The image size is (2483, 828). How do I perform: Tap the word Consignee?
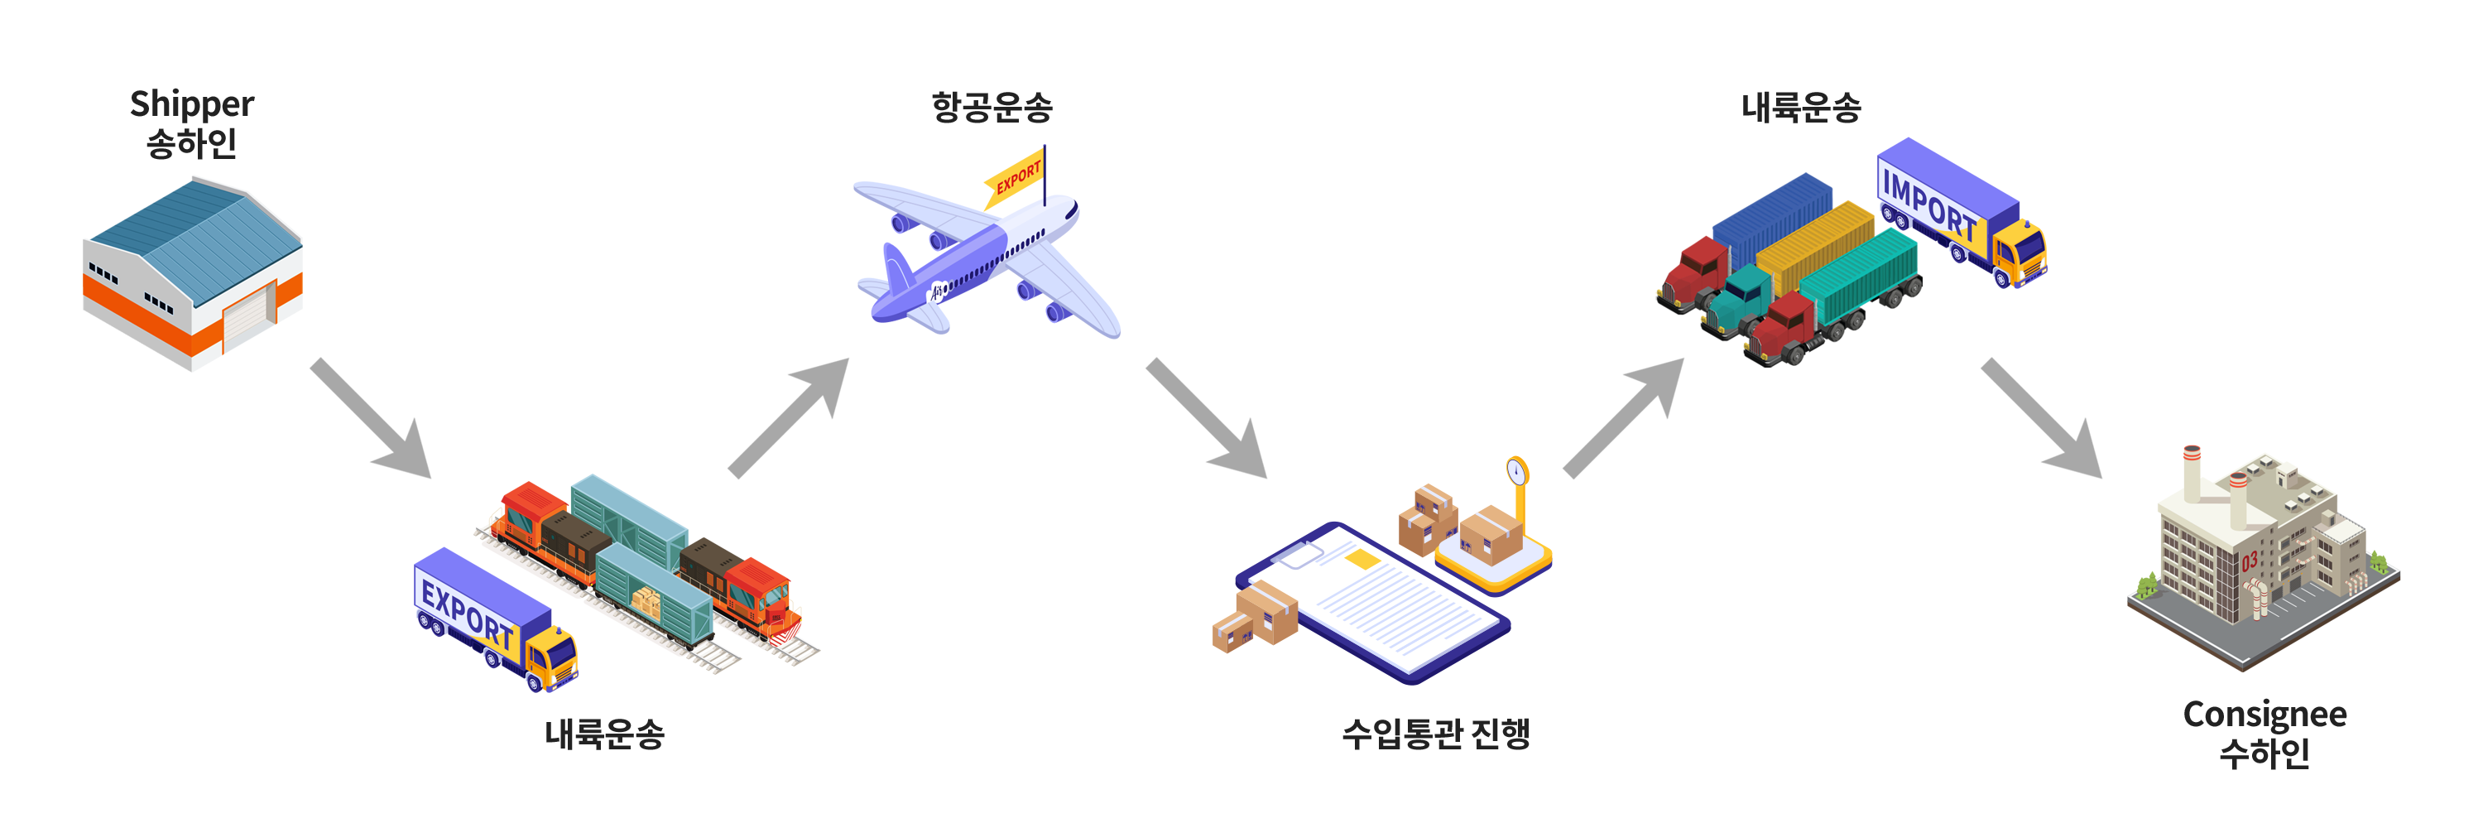pos(2264,715)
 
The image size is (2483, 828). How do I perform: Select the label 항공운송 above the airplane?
pos(992,107)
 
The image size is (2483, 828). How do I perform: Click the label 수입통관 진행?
pos(1435,734)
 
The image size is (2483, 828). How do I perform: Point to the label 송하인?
pos(192,143)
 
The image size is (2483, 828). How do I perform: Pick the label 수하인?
pos(2264,753)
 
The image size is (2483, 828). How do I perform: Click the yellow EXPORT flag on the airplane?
pos(1016,176)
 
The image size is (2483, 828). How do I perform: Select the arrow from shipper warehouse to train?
pos(371,419)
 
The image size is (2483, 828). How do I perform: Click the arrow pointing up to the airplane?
pos(790,417)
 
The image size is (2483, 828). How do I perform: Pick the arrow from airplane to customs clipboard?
pos(1207,419)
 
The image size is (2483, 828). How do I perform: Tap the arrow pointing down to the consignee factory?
pos(2042,419)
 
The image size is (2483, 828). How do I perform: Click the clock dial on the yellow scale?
pos(1516,471)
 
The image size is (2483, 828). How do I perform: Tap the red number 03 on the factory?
pos(2249,562)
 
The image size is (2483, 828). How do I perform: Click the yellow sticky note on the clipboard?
pos(1362,558)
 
